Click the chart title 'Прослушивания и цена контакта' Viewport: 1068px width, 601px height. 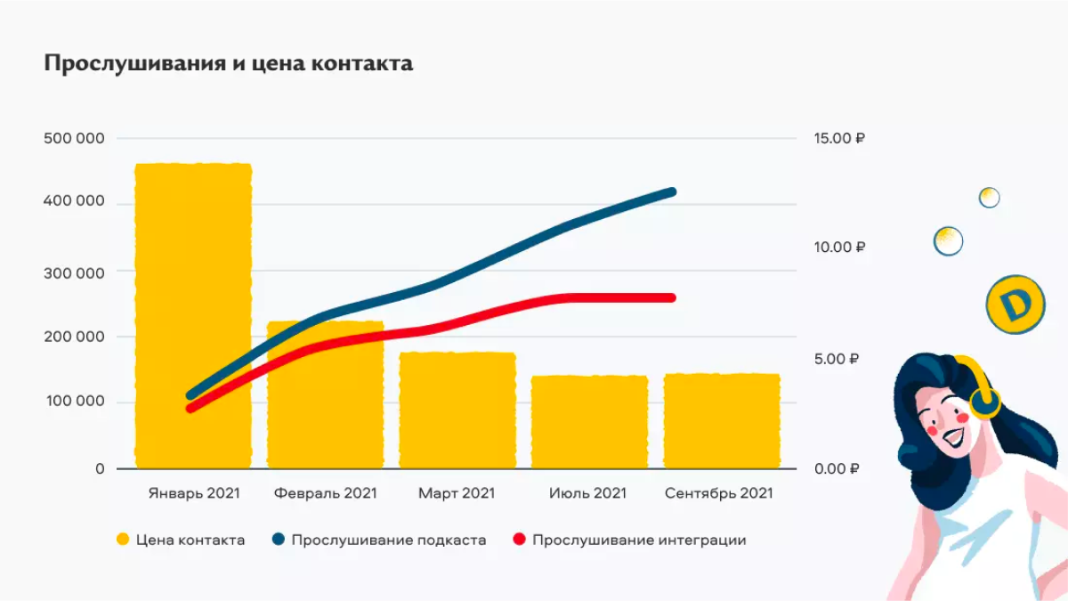pos(228,64)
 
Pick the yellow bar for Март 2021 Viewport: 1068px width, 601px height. pos(457,410)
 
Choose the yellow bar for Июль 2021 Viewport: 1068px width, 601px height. pos(589,422)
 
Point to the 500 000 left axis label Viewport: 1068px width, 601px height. pos(74,138)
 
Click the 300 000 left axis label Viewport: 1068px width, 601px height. pos(74,272)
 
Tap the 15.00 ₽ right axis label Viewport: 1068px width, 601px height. pos(838,139)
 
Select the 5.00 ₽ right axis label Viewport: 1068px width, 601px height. pos(836,359)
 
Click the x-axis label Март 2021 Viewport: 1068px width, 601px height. pos(457,492)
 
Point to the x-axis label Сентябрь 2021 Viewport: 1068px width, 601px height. pos(719,492)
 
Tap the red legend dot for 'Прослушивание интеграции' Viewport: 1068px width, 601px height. pos(521,540)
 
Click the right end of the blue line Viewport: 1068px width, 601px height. pos(672,192)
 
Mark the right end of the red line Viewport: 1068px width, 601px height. pos(672,297)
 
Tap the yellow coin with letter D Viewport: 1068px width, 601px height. pos(1014,305)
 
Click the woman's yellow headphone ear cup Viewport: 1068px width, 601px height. pos(984,402)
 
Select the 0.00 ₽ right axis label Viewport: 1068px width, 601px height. pos(836,468)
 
